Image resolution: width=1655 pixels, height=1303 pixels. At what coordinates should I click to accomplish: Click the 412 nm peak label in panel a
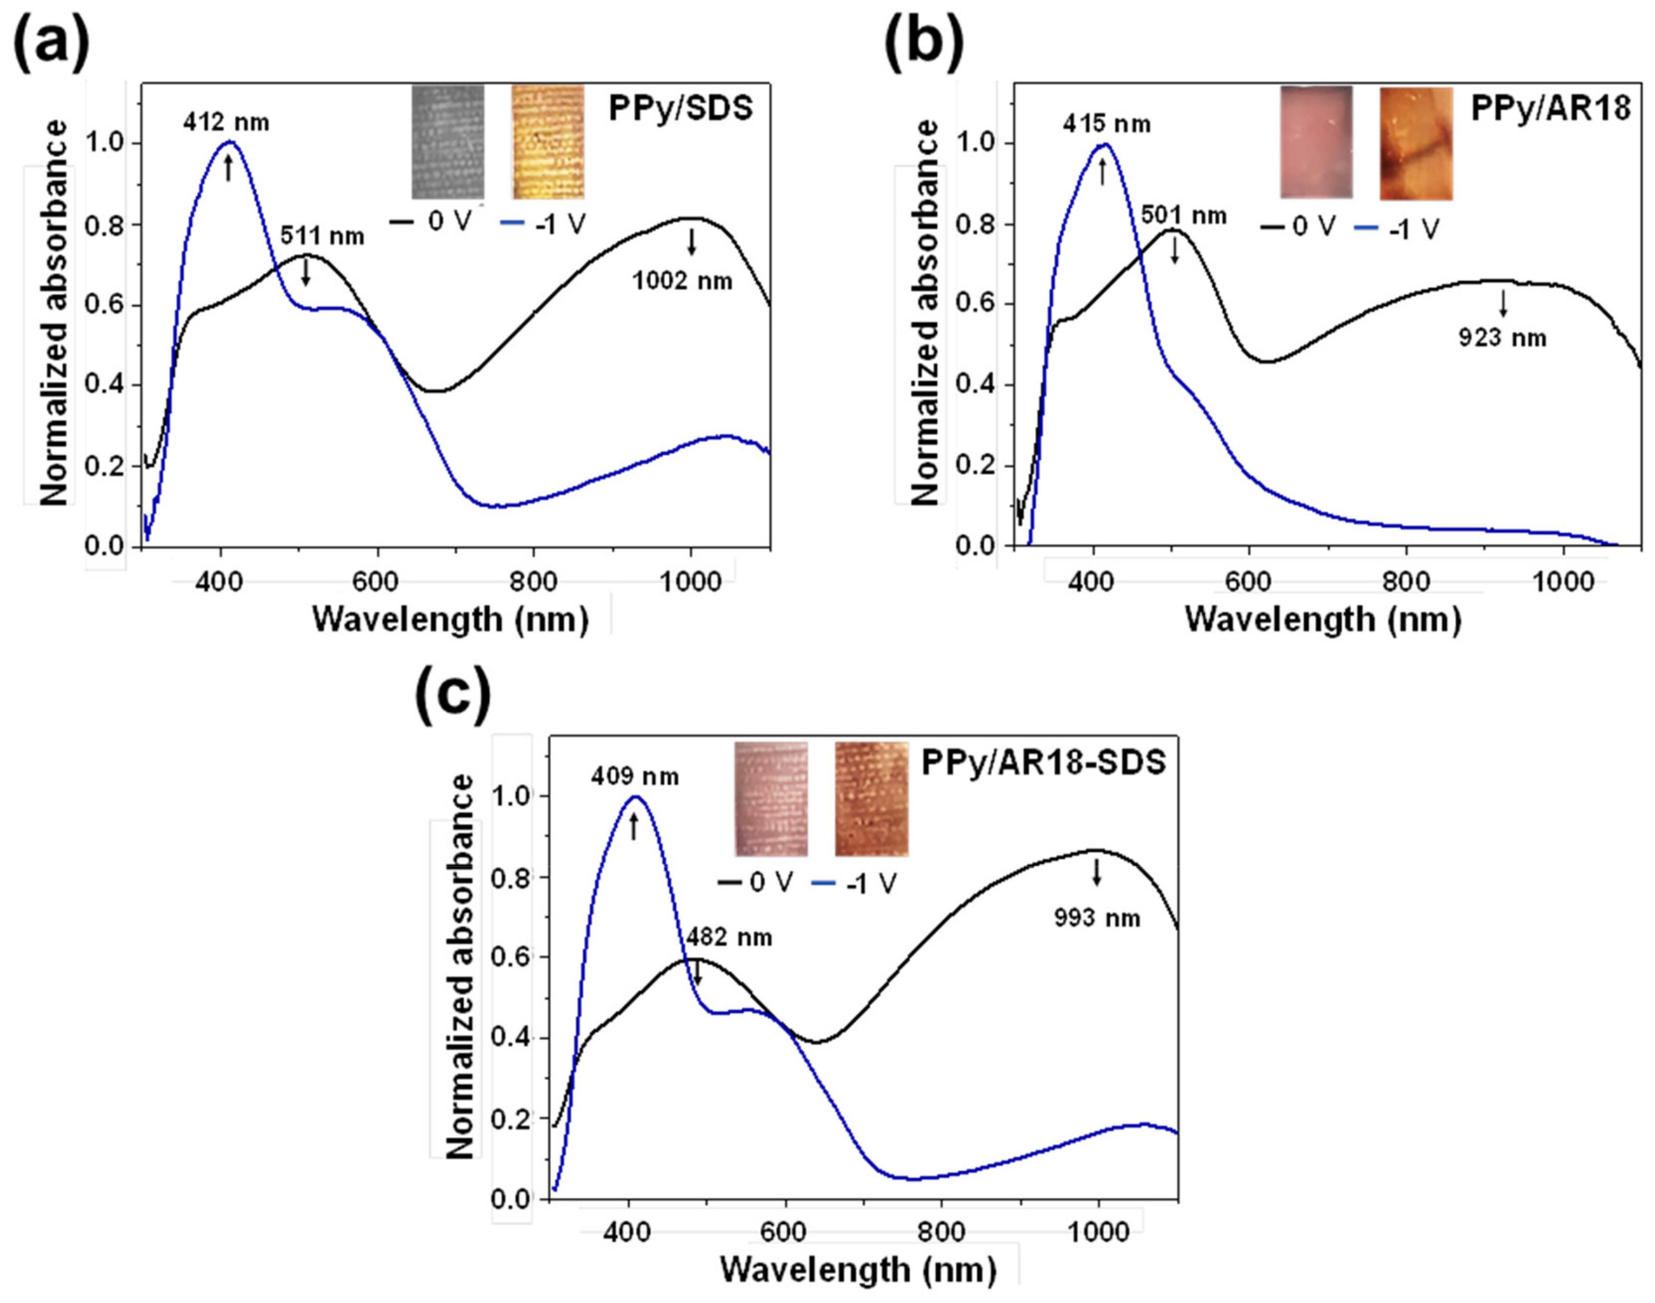226,122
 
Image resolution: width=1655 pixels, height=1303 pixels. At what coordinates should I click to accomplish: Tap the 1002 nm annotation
682,281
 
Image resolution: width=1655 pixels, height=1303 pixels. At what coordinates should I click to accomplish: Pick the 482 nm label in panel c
728,937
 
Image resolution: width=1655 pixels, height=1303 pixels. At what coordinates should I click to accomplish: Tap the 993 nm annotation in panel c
1097,918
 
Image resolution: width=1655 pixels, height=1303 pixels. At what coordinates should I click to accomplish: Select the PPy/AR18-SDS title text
1043,762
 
